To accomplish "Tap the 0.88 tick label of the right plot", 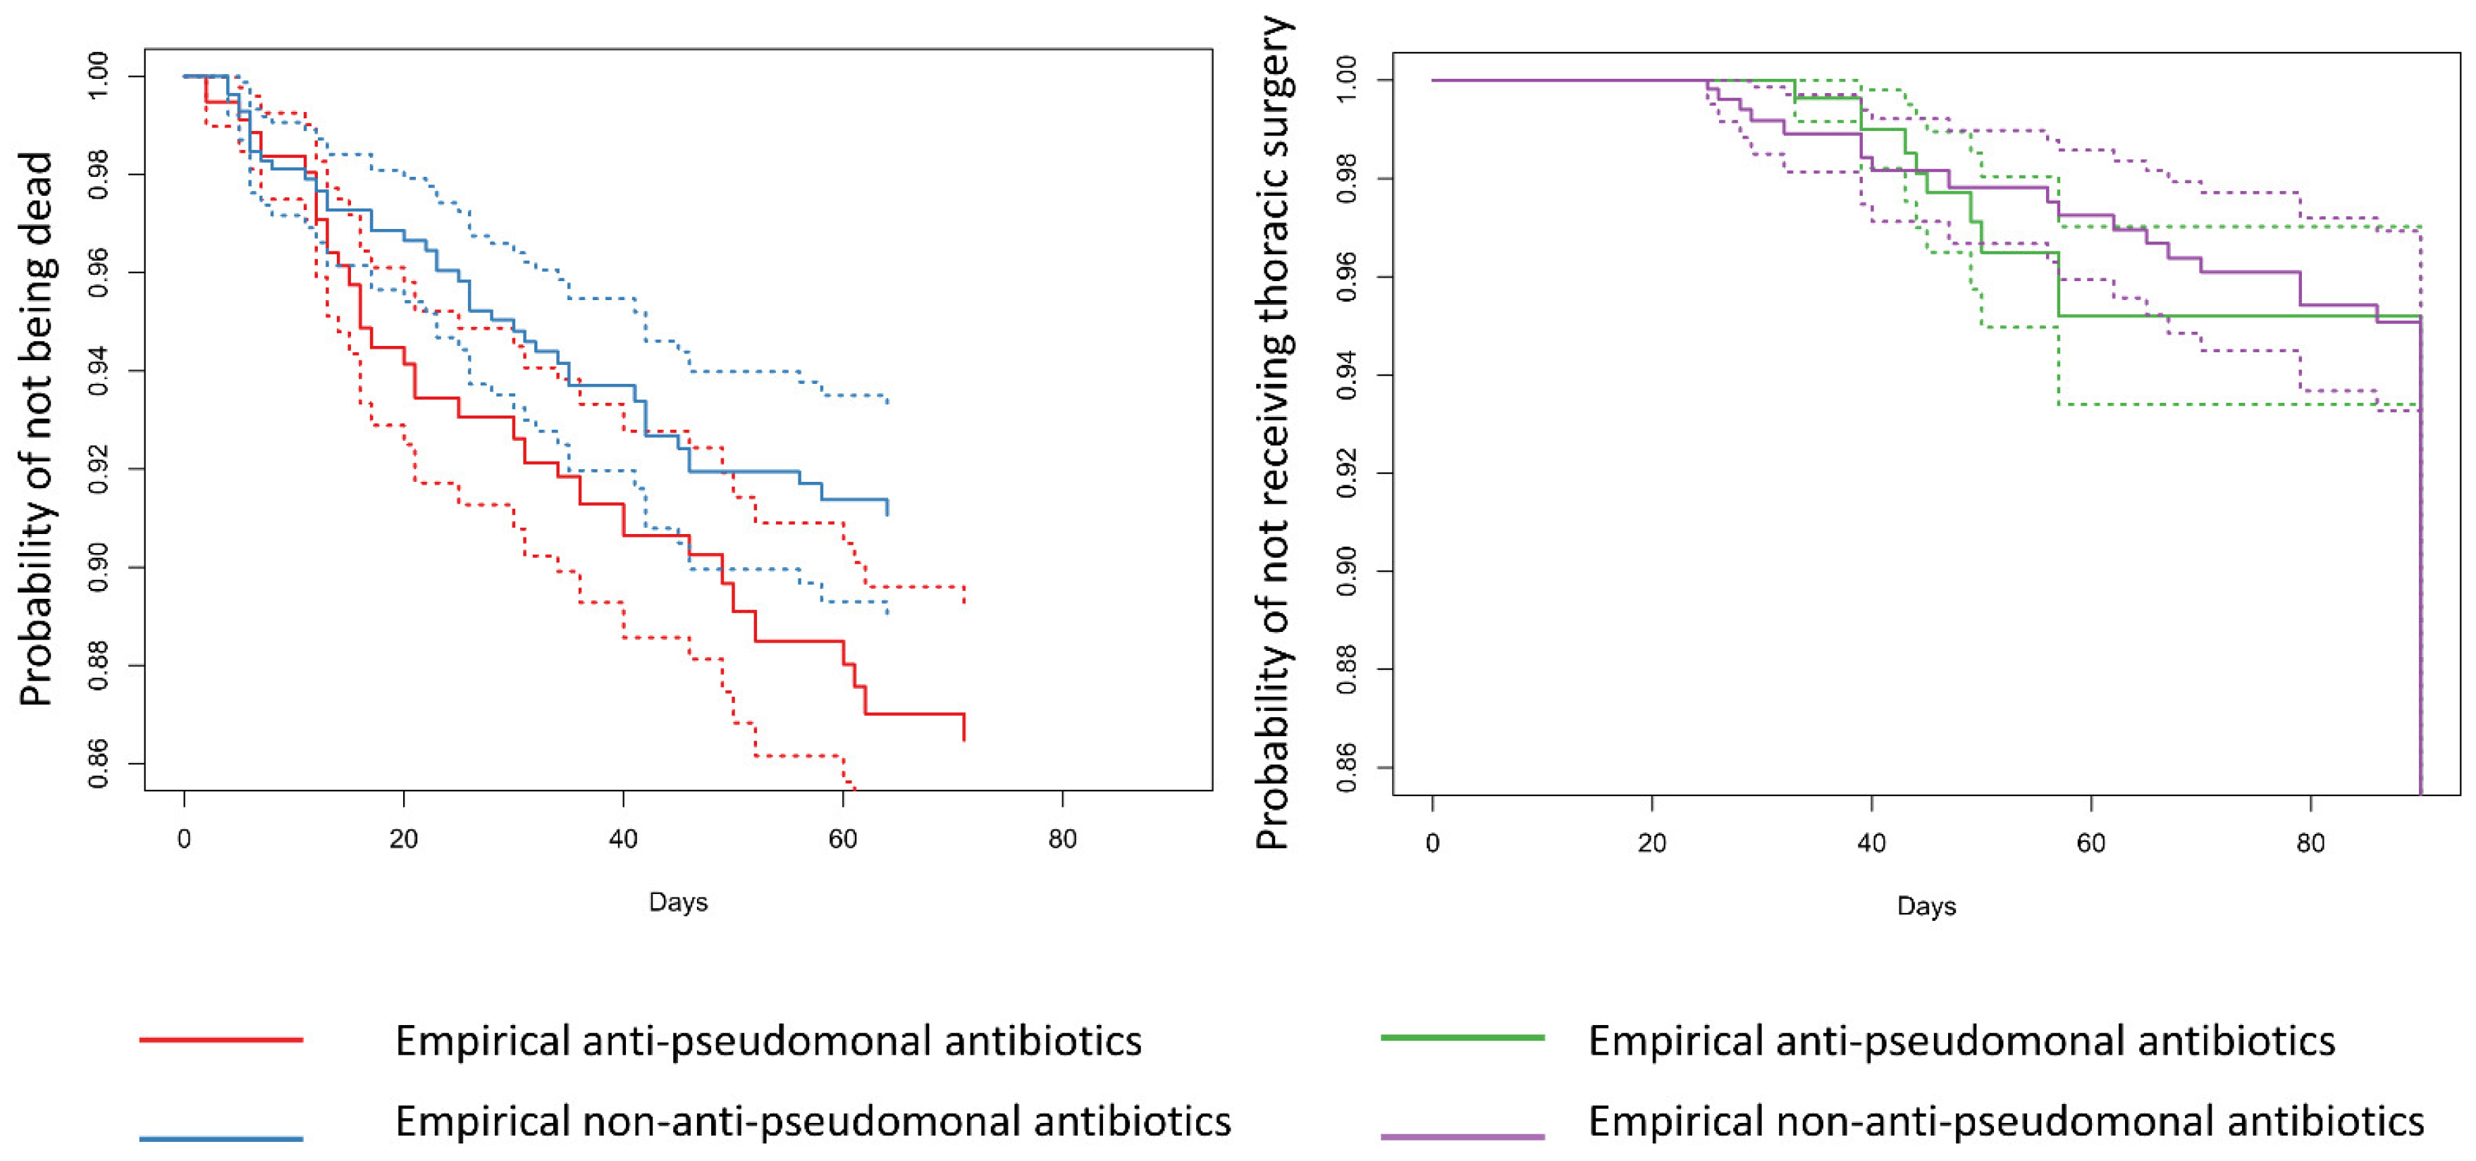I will (1347, 669).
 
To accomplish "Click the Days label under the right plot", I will (1926, 905).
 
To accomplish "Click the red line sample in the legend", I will (221, 1039).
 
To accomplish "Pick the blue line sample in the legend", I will (221, 1138).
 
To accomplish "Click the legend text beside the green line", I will (1961, 1041).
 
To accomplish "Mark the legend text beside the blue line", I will (812, 1121).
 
